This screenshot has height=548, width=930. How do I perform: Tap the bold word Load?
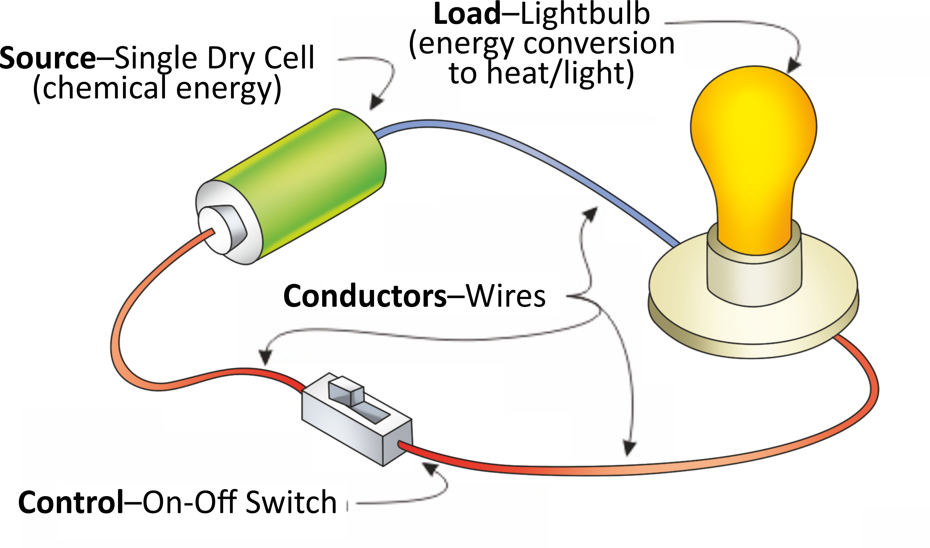467,14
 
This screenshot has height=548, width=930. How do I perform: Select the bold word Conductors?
365,296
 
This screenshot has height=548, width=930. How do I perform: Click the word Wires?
506,296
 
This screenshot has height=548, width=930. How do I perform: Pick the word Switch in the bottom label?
291,503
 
